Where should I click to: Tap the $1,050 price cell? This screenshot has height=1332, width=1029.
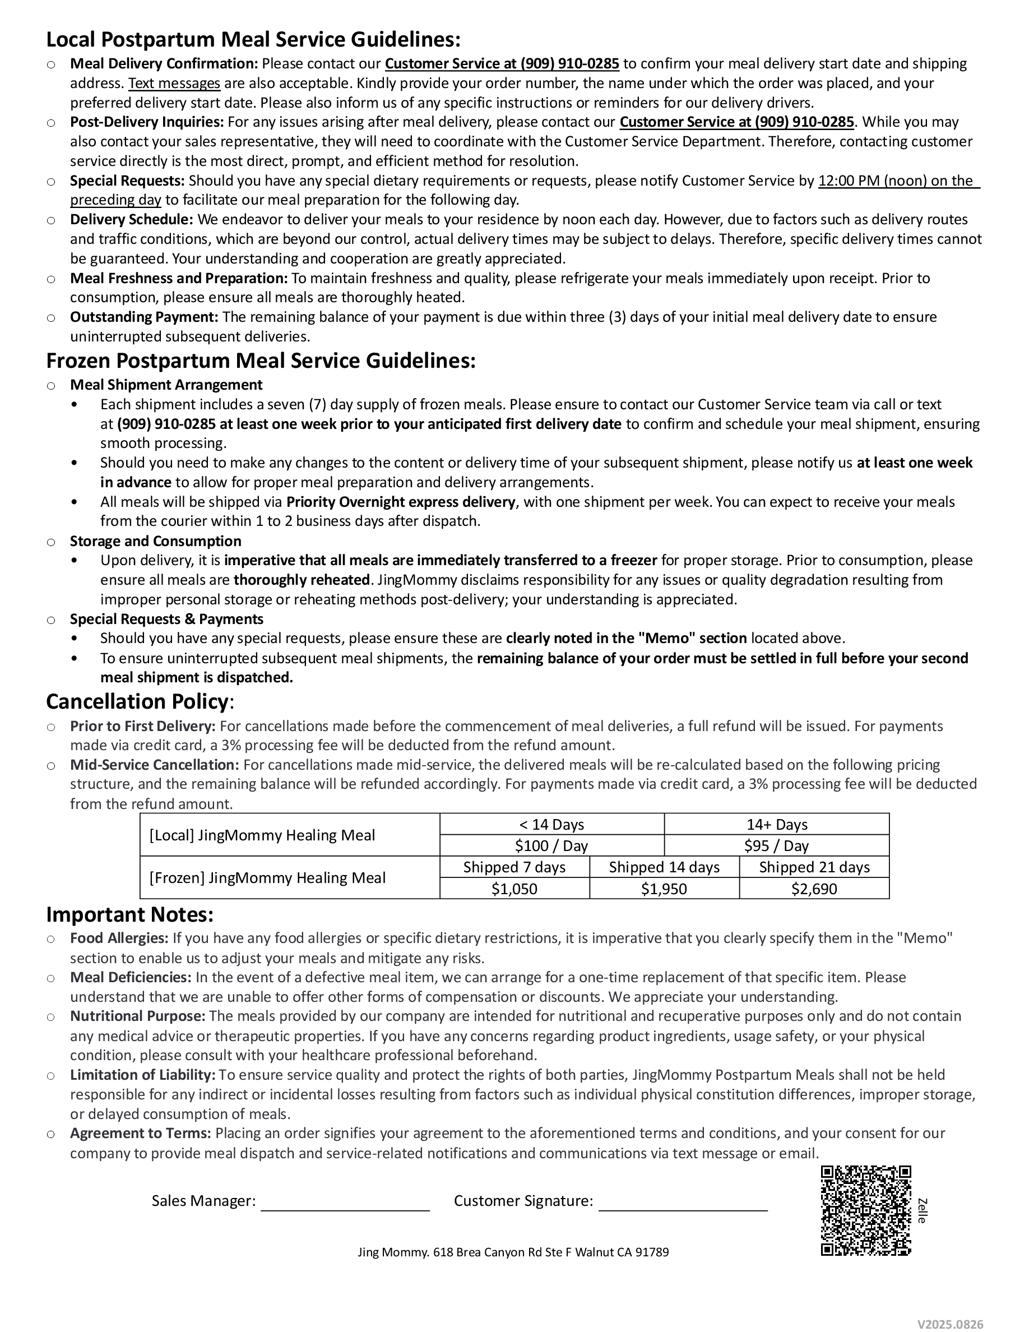click(x=514, y=889)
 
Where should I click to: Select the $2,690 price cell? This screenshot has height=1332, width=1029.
click(x=814, y=889)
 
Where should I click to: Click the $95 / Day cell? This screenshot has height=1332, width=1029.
click(x=776, y=846)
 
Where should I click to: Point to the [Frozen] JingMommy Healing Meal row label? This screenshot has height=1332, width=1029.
click(x=267, y=878)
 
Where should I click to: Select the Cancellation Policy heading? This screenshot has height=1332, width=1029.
click(x=138, y=701)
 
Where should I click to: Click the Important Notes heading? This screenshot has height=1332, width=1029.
click(x=130, y=915)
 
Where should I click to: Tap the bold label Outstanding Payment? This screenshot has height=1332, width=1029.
click(x=144, y=317)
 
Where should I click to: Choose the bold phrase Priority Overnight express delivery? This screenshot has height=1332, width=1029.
click(x=401, y=502)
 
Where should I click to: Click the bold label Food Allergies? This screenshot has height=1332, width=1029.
click(x=119, y=938)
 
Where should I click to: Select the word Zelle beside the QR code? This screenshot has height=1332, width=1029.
click(x=923, y=1211)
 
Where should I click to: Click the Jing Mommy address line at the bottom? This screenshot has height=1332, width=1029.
click(x=513, y=1252)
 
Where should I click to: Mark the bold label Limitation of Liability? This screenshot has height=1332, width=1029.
click(x=143, y=1075)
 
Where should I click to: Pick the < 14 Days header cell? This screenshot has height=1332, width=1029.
click(x=551, y=825)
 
